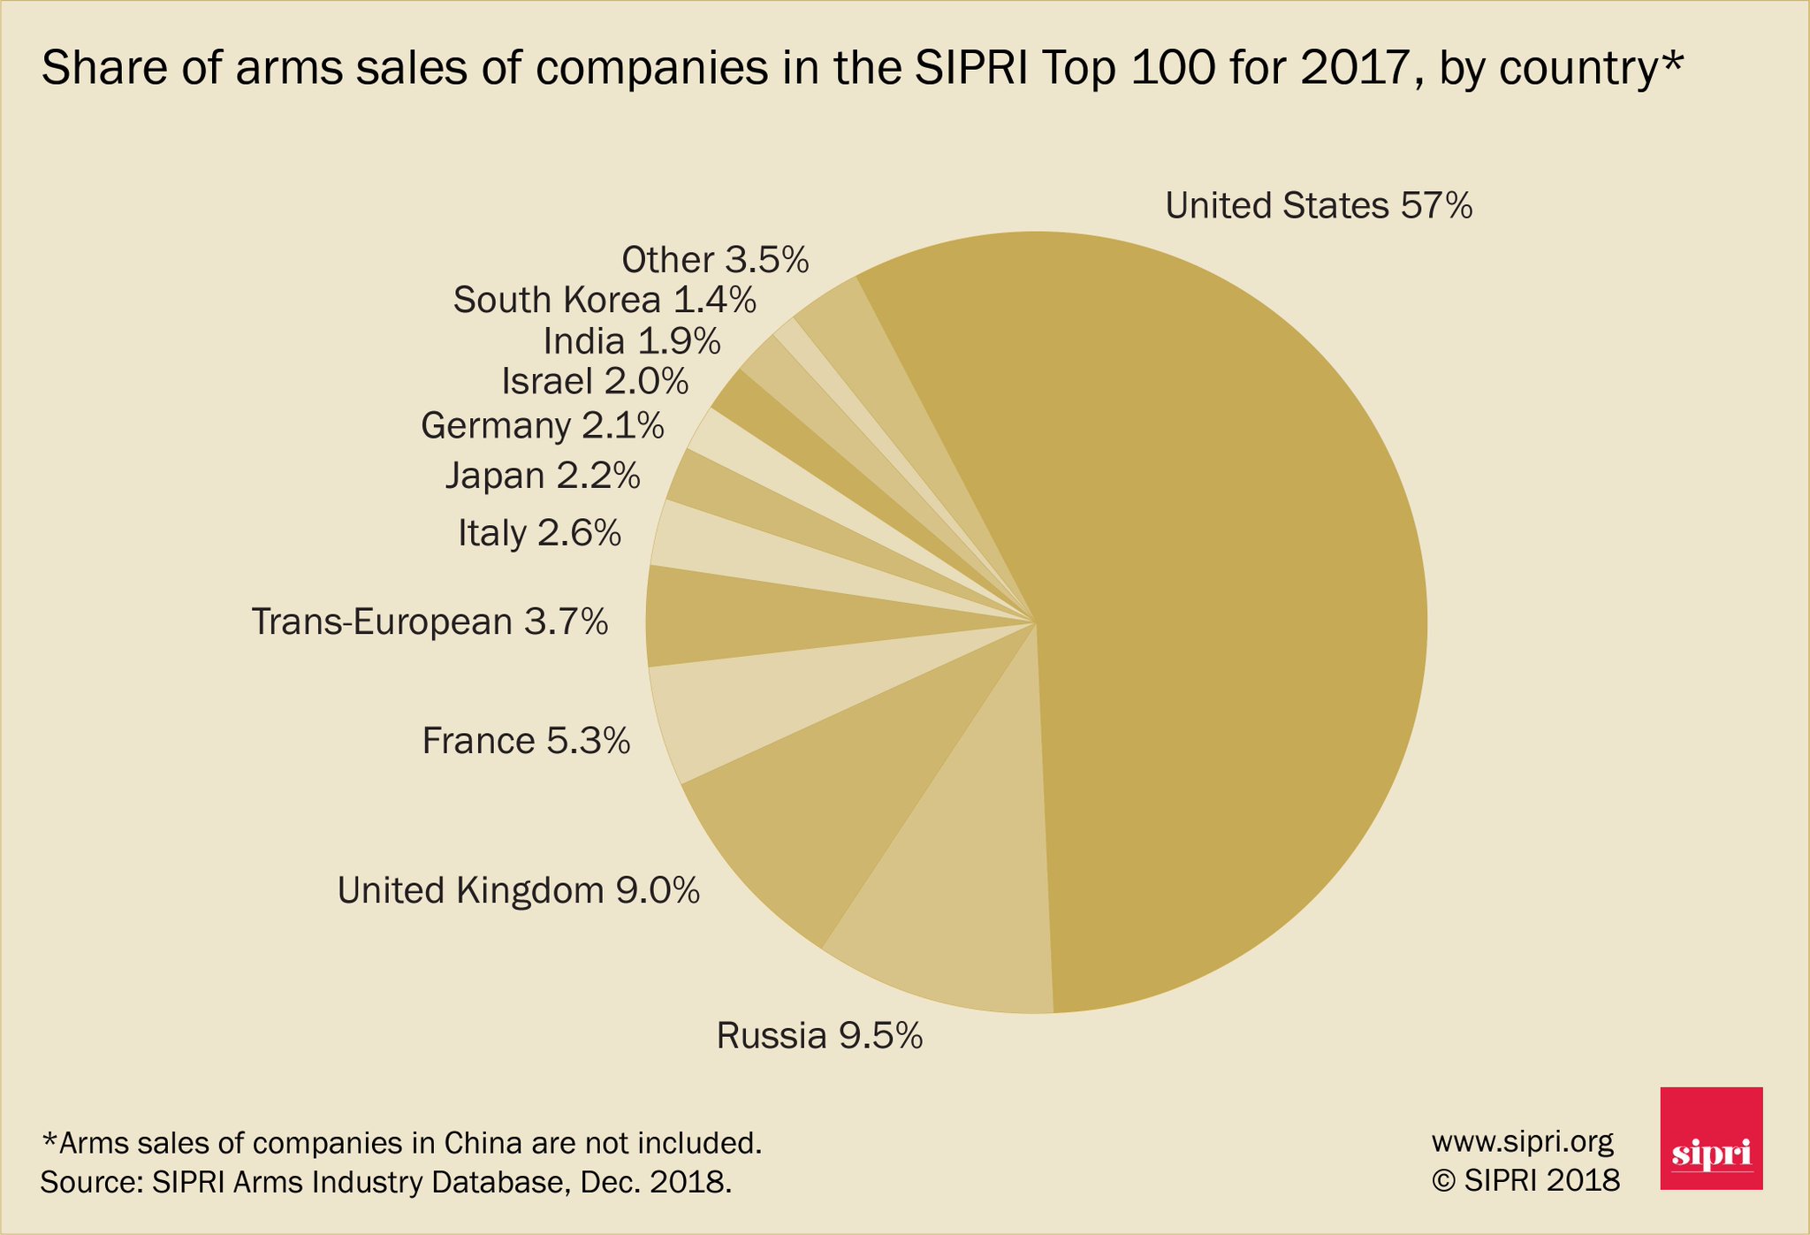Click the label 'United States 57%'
tap(1319, 206)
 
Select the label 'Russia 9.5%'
tap(819, 1035)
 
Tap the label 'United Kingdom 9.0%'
tap(519, 890)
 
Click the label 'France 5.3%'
tap(526, 741)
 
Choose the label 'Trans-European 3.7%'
tap(430, 621)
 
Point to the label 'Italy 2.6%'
tap(539, 533)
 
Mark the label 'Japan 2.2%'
tap(542, 476)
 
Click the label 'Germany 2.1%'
tap(542, 426)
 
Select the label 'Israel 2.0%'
tap(594, 382)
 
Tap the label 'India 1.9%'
tap(631, 341)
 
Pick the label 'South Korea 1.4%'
tap(605, 301)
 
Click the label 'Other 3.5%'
tap(715, 260)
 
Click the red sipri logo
tap(1711, 1138)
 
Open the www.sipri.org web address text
tap(1522, 1141)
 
